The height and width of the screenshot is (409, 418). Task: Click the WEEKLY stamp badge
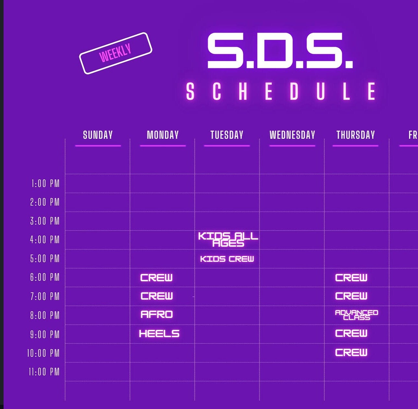(116, 53)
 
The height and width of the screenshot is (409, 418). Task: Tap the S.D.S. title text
(280, 51)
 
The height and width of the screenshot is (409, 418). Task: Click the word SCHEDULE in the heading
(281, 92)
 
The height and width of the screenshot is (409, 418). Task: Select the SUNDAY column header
(98, 135)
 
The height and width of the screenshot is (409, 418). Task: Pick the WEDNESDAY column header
(292, 135)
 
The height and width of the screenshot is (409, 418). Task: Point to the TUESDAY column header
(227, 135)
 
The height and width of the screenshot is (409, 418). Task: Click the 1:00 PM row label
(45, 184)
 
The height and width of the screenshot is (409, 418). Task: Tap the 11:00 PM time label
(44, 372)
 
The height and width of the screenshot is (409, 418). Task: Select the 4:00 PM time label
(45, 240)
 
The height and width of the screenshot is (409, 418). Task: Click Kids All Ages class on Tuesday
(228, 240)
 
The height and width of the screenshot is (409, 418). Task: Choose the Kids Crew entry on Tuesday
(227, 259)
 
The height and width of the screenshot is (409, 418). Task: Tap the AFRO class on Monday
(157, 314)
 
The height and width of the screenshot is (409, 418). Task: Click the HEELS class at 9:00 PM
(159, 333)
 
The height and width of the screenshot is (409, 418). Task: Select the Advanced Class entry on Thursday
(356, 315)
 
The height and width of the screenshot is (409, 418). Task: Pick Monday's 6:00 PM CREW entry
(157, 277)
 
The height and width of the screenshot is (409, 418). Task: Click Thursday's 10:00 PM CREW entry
(351, 353)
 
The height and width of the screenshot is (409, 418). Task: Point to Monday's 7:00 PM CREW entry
(157, 296)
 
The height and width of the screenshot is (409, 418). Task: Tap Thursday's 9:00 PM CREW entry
(351, 333)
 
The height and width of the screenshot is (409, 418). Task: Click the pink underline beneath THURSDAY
(355, 146)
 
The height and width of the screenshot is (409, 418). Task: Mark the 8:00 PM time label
(45, 315)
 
